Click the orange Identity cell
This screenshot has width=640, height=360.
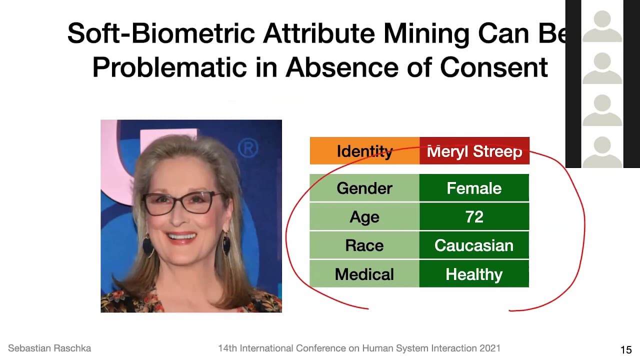coord(364,151)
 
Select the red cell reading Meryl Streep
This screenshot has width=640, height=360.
coord(474,151)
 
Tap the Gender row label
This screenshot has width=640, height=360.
coord(364,188)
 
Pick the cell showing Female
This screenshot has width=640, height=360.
coord(474,188)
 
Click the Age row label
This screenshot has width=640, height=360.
coord(364,217)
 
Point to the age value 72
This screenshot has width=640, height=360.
coord(474,217)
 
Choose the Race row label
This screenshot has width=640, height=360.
coord(364,245)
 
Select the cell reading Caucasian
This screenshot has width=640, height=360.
coord(474,245)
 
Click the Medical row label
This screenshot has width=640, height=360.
coord(364,274)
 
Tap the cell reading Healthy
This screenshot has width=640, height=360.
coord(474,274)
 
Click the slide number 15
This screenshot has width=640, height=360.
coord(625,349)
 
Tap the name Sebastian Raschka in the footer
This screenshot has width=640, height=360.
coord(49,348)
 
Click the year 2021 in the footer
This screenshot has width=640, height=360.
coord(488,348)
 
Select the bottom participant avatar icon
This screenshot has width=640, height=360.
coord(602,152)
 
